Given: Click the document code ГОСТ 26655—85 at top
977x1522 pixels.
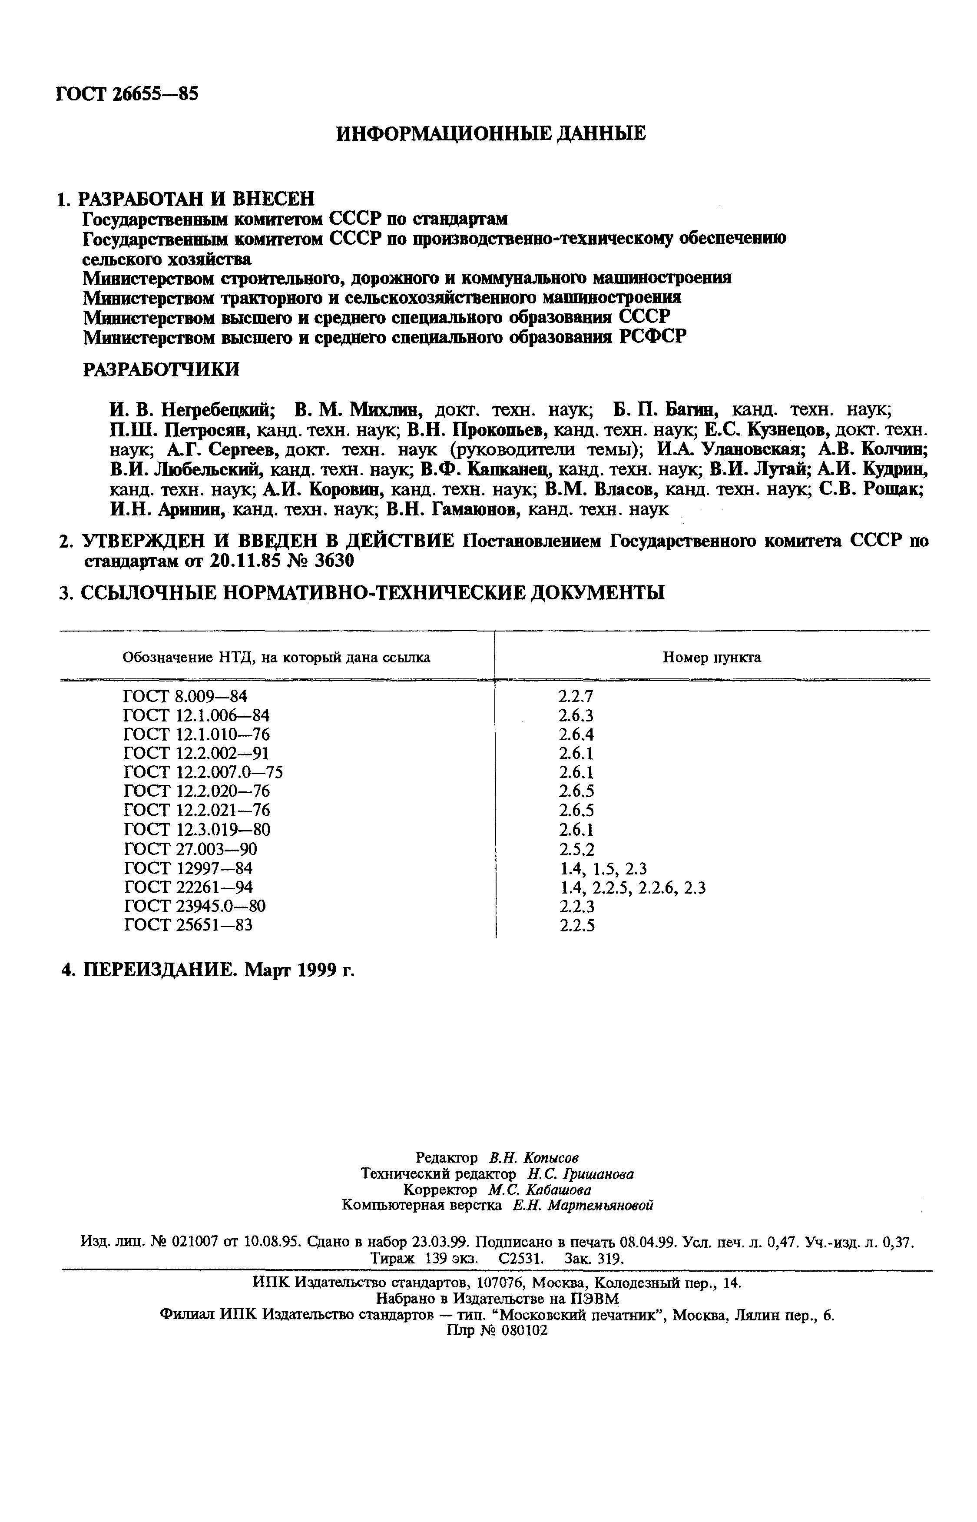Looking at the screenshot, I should [127, 94].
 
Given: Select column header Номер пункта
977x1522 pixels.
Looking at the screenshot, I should [711, 658].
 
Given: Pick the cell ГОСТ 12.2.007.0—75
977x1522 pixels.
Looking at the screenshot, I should [203, 772].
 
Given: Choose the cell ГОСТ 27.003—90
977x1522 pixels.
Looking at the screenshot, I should [190, 849].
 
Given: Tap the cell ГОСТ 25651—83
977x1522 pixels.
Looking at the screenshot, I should [188, 925].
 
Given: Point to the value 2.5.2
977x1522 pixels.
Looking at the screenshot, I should [576, 849].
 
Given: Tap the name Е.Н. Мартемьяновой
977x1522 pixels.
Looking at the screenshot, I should [583, 1205].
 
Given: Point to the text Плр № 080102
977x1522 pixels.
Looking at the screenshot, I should [497, 1331].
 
